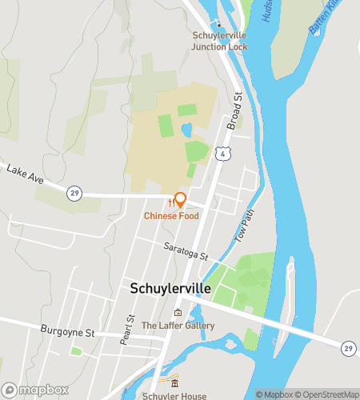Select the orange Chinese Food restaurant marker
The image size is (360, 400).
[180, 200]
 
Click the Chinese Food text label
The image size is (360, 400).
[172, 216]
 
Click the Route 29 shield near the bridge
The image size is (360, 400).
[348, 347]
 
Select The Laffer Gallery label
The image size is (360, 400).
[178, 326]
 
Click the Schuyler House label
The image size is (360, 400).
[174, 395]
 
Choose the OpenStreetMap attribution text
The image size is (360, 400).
[326, 394]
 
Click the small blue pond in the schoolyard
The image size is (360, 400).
[186, 130]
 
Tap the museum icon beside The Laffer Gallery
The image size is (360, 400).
[178, 312]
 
